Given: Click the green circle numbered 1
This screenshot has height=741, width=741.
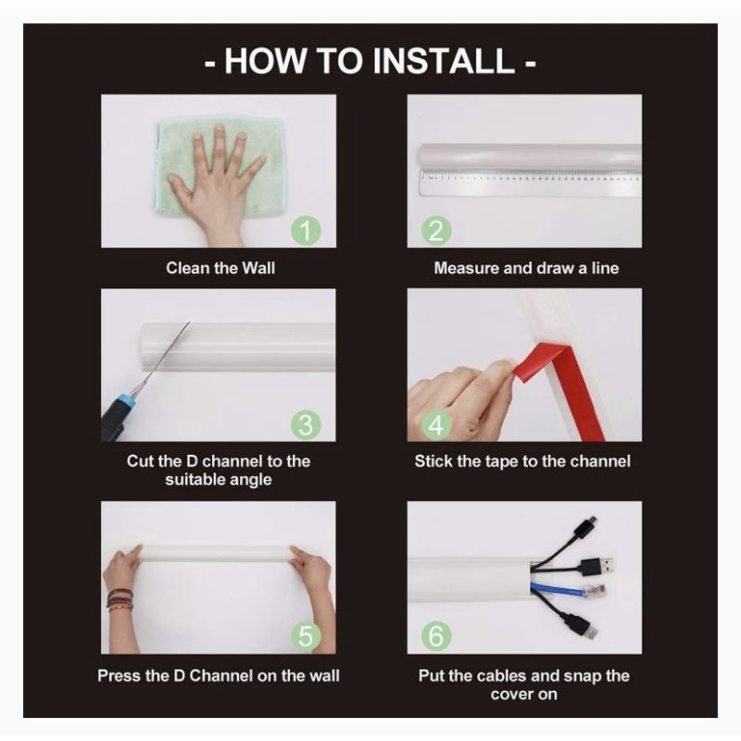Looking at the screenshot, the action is (x=306, y=231).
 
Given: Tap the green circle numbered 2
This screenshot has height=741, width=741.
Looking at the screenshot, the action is (x=436, y=231).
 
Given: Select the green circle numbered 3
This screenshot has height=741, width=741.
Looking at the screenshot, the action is (x=306, y=425).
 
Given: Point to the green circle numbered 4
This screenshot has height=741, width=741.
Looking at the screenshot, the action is (x=435, y=425).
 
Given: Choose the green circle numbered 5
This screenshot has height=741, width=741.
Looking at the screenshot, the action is (x=306, y=636).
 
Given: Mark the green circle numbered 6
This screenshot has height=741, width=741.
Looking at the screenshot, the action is (x=436, y=636).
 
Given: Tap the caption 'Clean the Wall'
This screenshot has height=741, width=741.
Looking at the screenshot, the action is (x=220, y=268).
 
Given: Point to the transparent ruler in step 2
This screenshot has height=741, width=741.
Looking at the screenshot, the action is (x=529, y=182).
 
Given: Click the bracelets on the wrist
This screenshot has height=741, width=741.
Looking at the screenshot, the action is (x=119, y=599).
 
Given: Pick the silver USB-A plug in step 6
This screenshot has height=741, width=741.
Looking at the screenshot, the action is (x=607, y=565).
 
